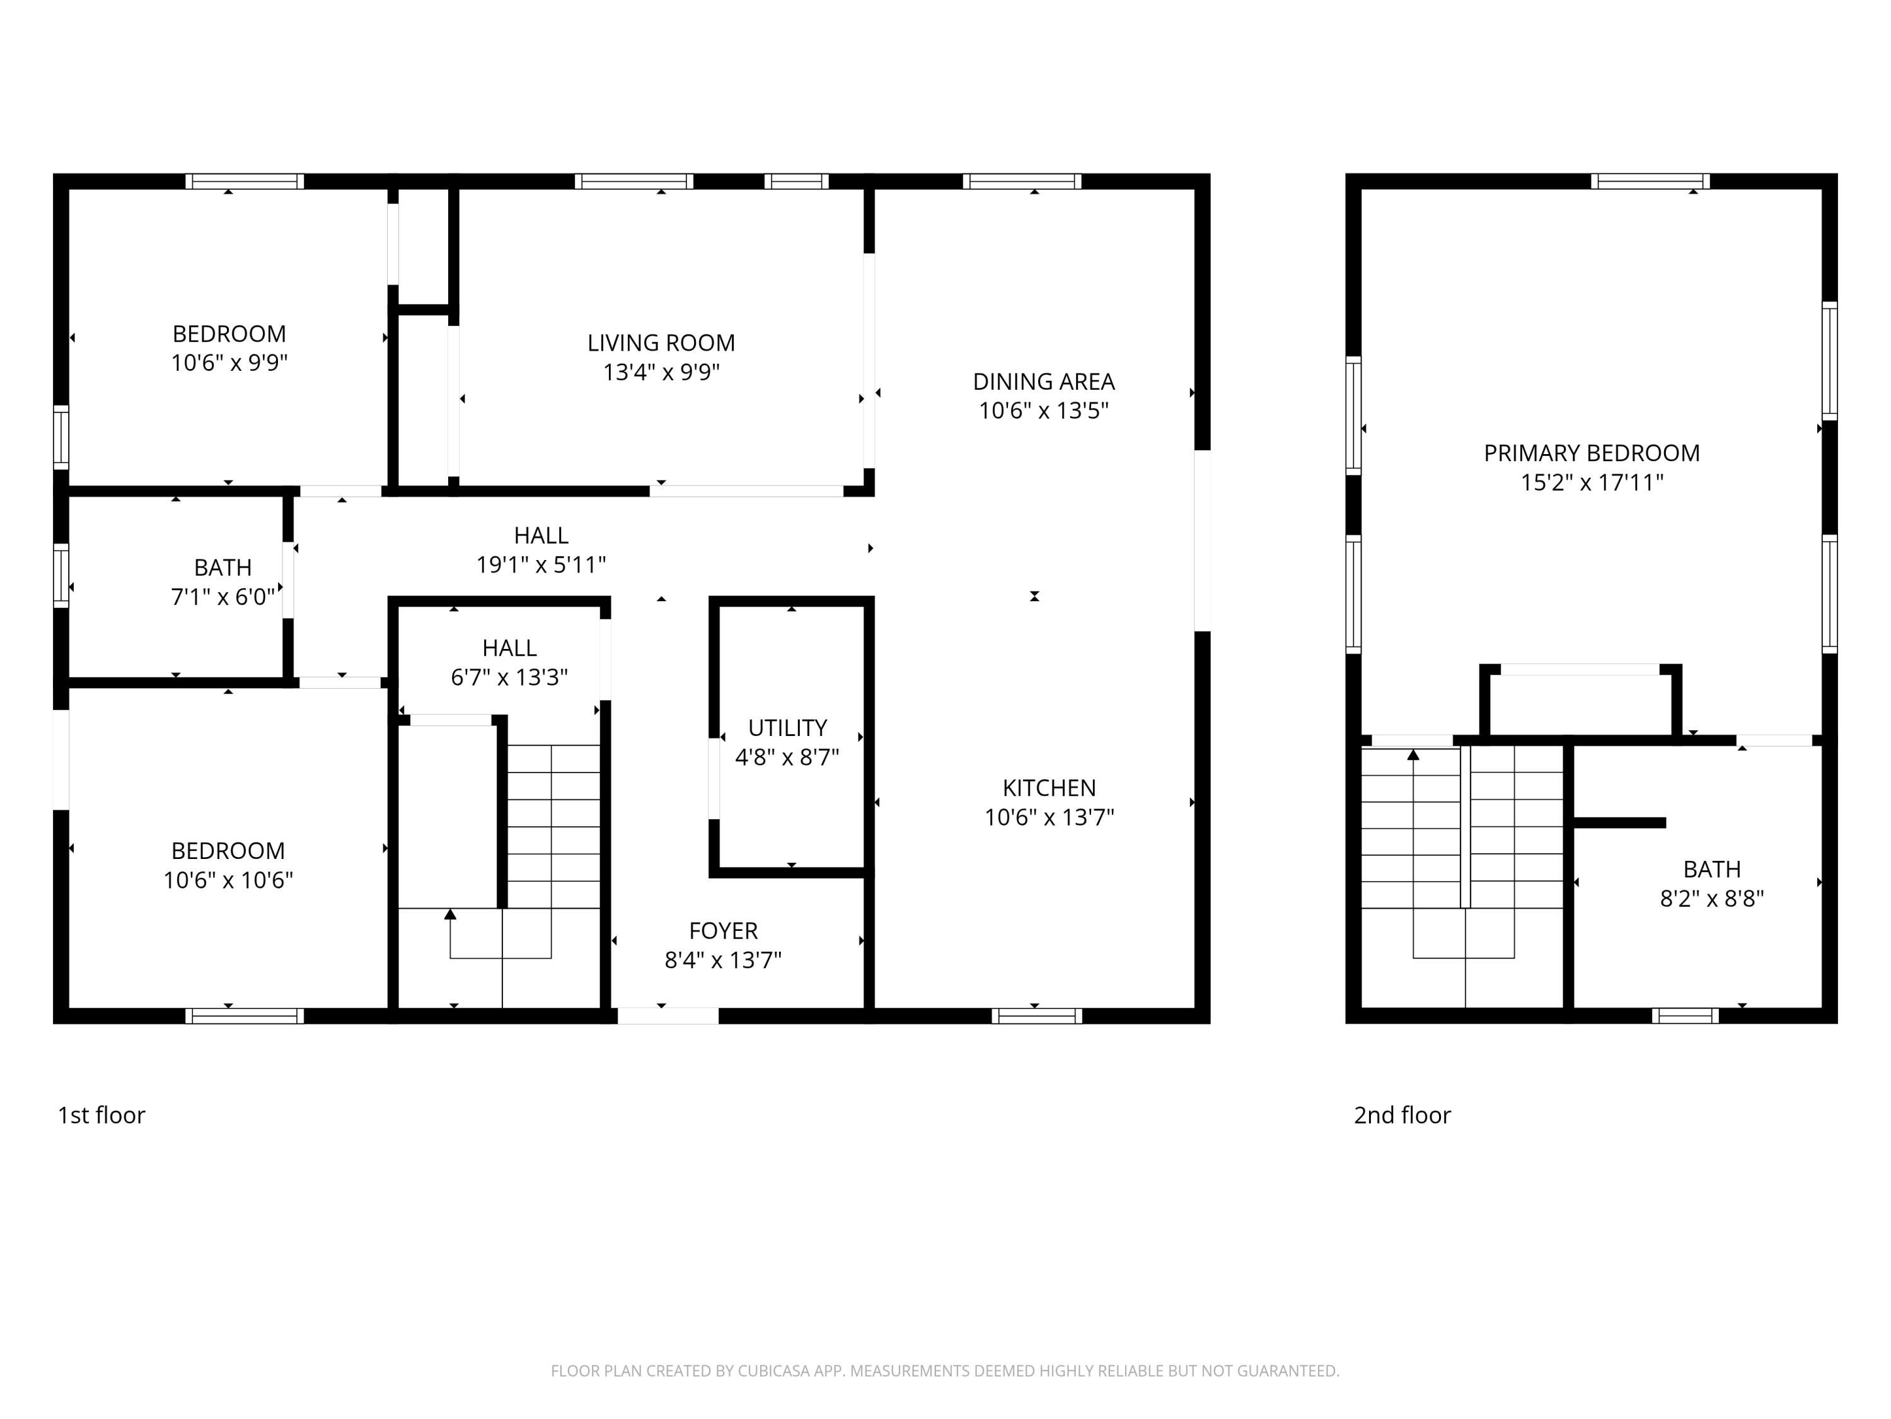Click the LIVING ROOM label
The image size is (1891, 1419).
pyautogui.click(x=660, y=343)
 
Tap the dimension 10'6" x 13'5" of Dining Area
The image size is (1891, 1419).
pyautogui.click(x=1043, y=411)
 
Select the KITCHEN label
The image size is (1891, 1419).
pyautogui.click(x=1049, y=788)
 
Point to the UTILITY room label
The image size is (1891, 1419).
pyautogui.click(x=787, y=728)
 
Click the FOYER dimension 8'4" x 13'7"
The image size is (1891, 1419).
pyautogui.click(x=723, y=960)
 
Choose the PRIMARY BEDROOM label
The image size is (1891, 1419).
pyautogui.click(x=1591, y=453)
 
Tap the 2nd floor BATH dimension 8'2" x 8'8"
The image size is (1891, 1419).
pyautogui.click(x=1711, y=898)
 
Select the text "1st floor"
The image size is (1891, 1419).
pyautogui.click(x=101, y=1116)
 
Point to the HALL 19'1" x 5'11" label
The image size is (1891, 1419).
pyautogui.click(x=540, y=550)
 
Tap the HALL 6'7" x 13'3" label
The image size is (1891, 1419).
pyautogui.click(x=509, y=663)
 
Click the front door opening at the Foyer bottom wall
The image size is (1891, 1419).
pyautogui.click(x=668, y=1015)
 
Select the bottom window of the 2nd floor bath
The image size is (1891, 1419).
pyautogui.click(x=1684, y=1015)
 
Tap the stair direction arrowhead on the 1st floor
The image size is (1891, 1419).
pyautogui.click(x=451, y=914)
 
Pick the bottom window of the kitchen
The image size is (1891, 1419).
pyautogui.click(x=1036, y=1015)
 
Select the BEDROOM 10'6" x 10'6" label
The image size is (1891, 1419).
pyautogui.click(x=228, y=865)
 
